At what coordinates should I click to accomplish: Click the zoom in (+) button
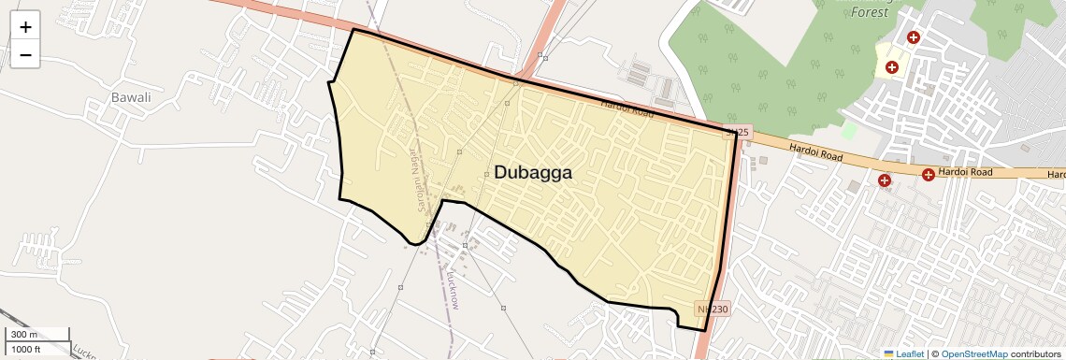[x=25, y=26]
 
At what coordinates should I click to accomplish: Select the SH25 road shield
[x=737, y=133]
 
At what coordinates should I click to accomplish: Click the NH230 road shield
[x=712, y=309]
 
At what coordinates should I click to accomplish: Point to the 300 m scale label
[x=24, y=335]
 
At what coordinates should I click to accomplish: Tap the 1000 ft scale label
[x=26, y=349]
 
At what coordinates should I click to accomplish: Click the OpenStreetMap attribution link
[x=973, y=353]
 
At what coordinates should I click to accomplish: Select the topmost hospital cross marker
[x=914, y=37]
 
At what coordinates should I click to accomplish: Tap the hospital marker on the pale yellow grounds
[x=892, y=67]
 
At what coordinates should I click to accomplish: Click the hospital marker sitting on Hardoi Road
[x=929, y=174]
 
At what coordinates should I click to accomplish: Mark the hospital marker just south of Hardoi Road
[x=884, y=180]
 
